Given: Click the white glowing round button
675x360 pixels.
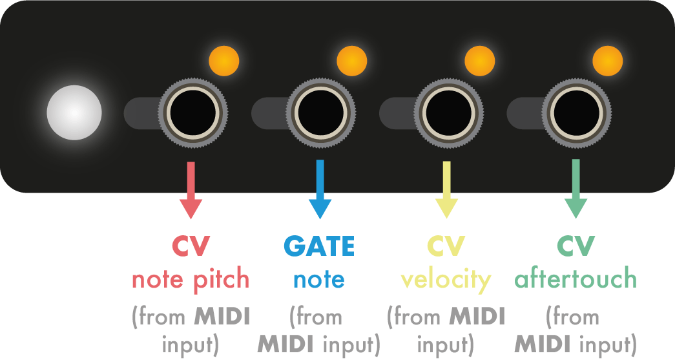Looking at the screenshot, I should (74, 112).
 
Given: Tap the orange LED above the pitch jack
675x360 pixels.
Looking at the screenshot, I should (224, 61).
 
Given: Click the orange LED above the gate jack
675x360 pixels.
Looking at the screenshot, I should (352, 61).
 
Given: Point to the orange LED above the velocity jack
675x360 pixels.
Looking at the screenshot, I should (479, 61).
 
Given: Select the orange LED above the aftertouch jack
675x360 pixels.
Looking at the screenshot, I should (607, 61).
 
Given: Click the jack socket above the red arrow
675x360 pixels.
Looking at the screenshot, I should (192, 113).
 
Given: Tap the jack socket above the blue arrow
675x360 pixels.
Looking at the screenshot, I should (320, 113).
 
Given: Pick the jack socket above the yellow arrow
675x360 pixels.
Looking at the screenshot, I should (448, 113).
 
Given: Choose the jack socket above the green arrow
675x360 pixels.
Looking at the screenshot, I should (575, 113).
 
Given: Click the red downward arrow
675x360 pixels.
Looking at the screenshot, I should (191, 191).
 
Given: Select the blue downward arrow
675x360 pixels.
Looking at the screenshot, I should (320, 191).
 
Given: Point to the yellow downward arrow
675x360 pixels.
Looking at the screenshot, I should (447, 191).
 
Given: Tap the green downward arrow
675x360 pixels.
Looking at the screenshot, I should (575, 190).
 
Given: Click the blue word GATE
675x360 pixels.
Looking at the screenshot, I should (319, 246).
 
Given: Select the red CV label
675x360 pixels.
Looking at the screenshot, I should (191, 246).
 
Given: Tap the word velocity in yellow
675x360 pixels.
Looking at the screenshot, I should (446, 280).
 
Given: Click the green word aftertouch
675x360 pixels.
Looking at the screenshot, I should (575, 279).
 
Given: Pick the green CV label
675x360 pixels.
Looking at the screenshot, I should (575, 246).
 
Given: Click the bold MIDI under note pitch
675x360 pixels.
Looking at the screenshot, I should (222, 317).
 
